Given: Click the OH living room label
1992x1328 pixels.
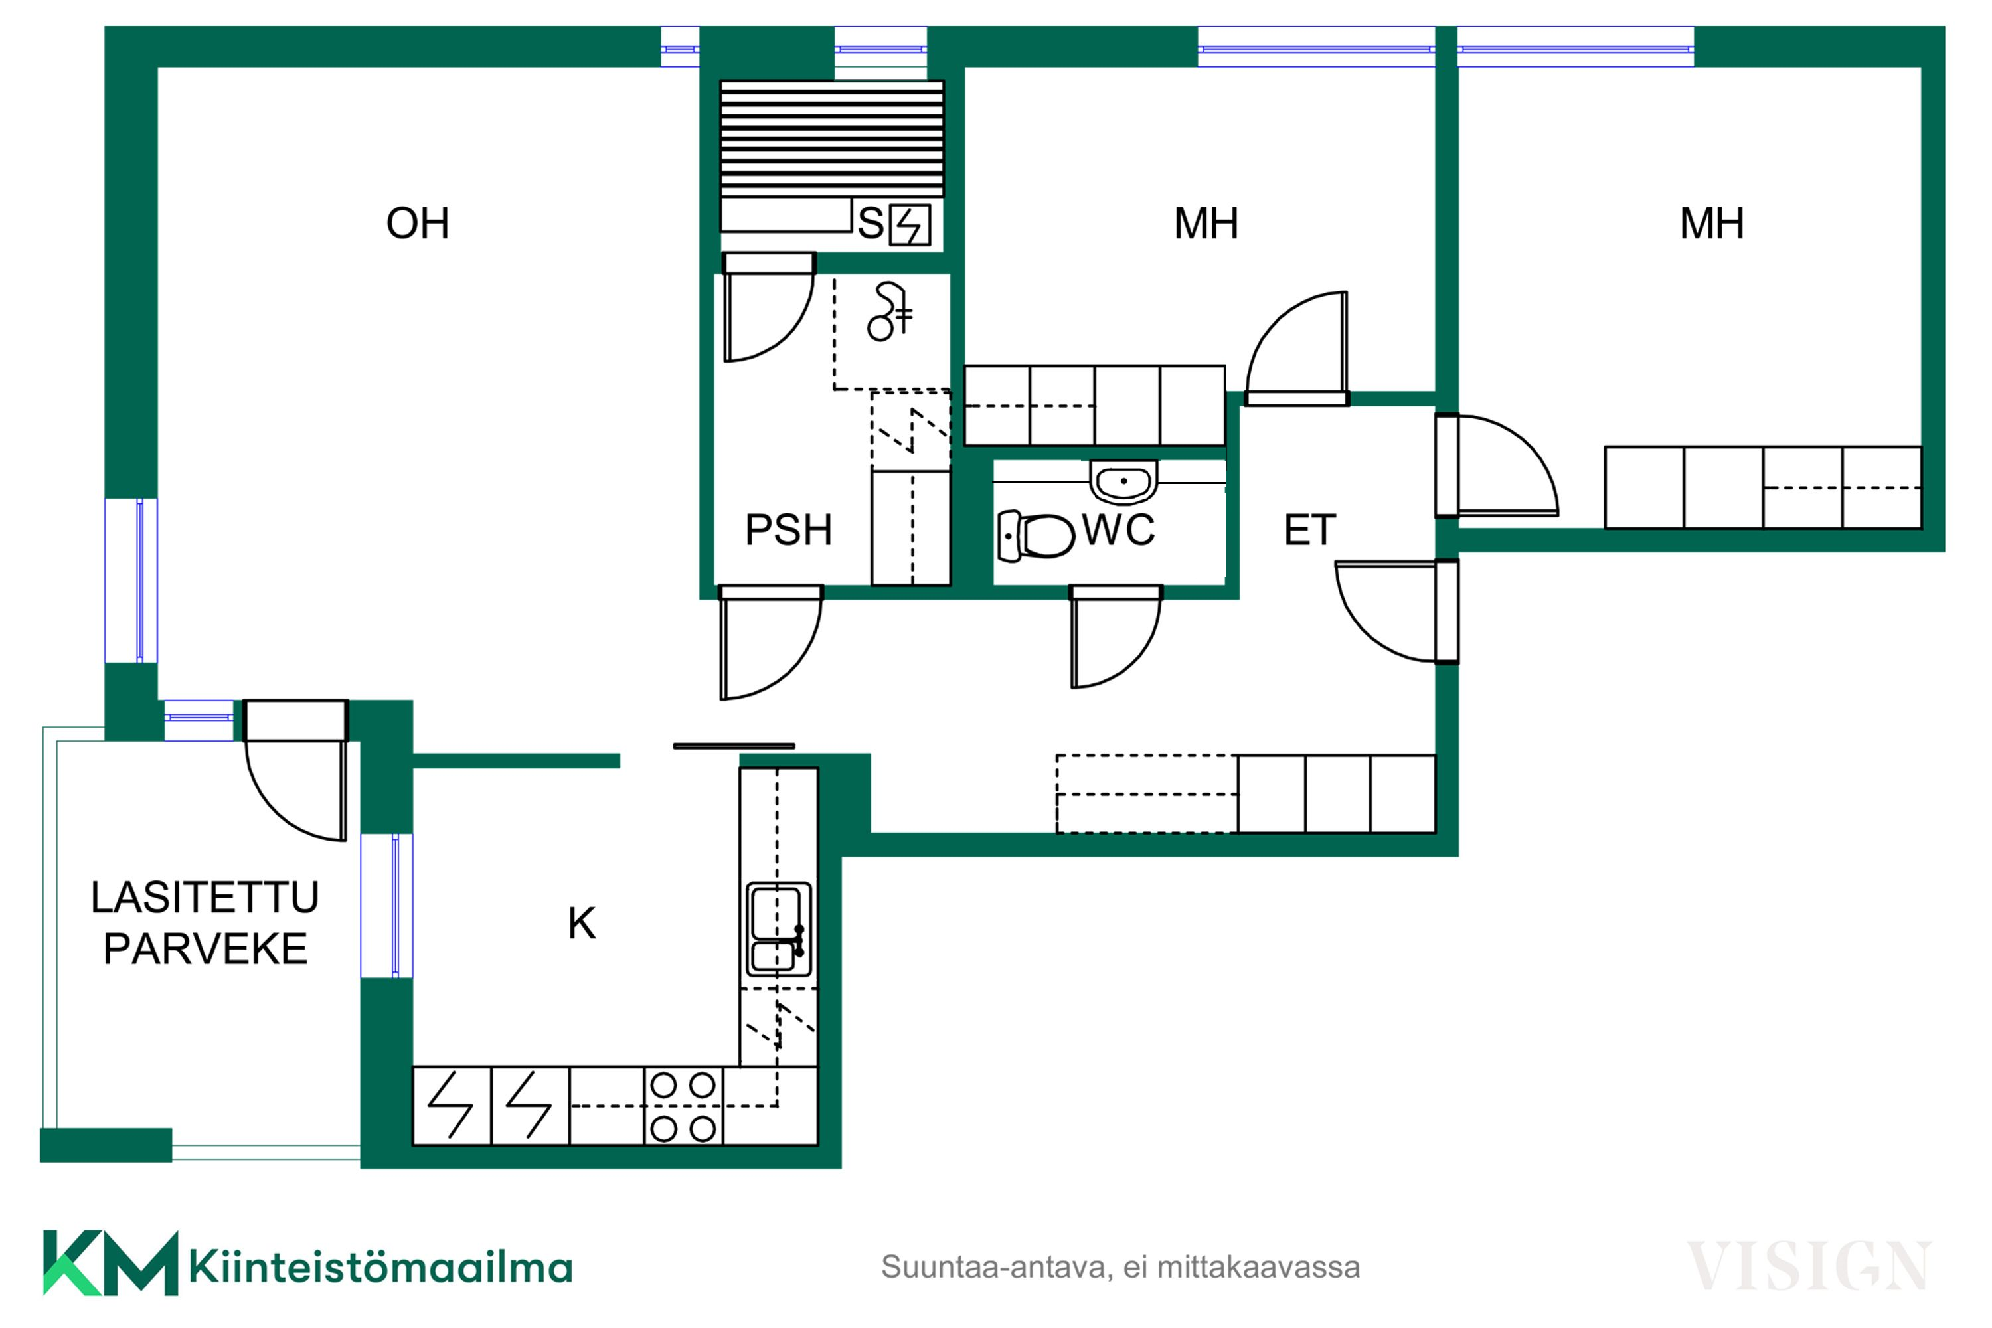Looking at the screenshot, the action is (x=417, y=224).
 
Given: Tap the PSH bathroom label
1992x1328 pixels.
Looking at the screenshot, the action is (x=789, y=530).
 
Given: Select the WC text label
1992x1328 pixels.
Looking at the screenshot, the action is (x=1118, y=530).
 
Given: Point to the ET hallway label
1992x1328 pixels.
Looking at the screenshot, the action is (x=1309, y=530).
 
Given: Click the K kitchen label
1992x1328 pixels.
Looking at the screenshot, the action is (x=582, y=923).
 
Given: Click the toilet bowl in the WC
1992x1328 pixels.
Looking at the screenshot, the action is (x=1035, y=535).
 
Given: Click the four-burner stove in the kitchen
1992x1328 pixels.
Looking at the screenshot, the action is (x=683, y=1107).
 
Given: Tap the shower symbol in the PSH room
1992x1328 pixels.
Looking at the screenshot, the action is (x=889, y=311).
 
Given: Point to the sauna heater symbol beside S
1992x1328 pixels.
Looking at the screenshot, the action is (x=910, y=225).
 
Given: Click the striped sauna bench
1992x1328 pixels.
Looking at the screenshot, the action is (x=832, y=138).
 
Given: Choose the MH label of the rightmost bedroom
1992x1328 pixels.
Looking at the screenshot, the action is (x=1712, y=224).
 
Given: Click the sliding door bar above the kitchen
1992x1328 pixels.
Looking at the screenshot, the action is (x=734, y=746).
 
